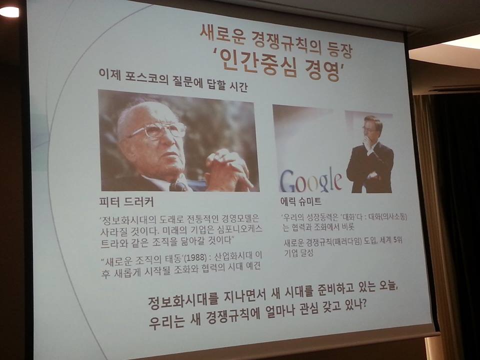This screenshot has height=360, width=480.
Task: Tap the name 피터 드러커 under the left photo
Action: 126,202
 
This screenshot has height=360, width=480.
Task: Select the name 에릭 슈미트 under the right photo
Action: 301,201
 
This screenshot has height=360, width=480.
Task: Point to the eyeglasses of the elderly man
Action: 157,130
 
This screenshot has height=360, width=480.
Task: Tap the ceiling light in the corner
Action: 9,11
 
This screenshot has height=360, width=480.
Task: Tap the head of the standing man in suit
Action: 372,126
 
